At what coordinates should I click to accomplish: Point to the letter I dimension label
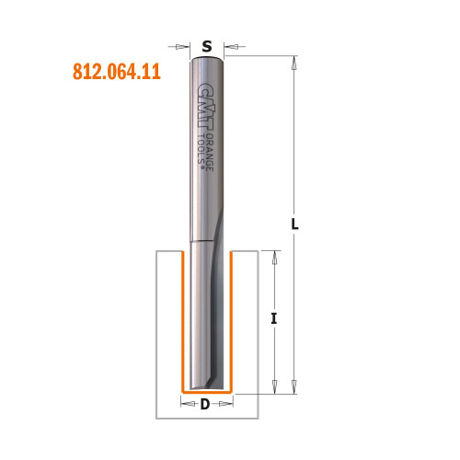(x=275, y=319)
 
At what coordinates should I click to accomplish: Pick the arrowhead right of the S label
(x=229, y=44)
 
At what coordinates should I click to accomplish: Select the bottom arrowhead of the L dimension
(x=294, y=385)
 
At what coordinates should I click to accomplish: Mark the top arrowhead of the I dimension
(x=274, y=255)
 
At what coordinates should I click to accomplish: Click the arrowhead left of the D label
(x=185, y=403)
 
